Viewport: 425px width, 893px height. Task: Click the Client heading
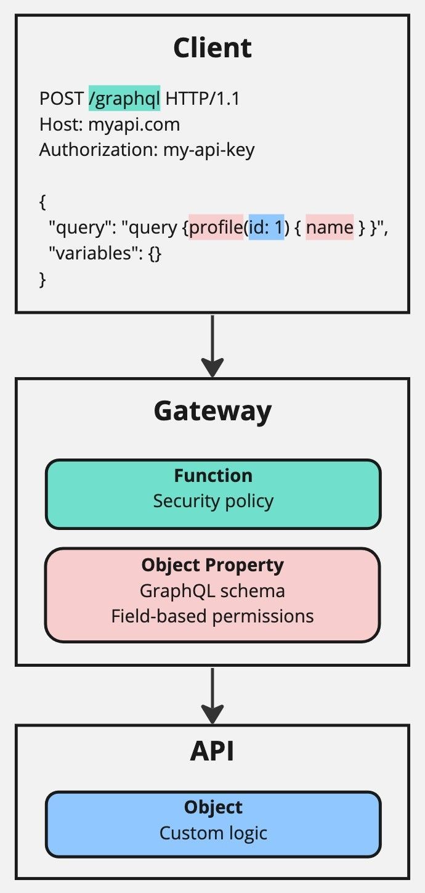212,47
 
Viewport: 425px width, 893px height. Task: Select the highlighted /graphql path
124,98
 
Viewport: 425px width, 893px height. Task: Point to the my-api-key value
209,150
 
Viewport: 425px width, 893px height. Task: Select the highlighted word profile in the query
216,228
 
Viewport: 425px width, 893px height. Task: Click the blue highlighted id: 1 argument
266,228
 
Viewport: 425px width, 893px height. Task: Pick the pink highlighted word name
330,228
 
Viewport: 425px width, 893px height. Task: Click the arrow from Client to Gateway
212,345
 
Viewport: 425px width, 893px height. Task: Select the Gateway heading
212,411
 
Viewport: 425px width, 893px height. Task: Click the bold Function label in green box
212,475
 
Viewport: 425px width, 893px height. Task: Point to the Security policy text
212,500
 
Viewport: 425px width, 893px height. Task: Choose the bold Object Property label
212,565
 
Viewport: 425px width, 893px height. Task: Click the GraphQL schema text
212,591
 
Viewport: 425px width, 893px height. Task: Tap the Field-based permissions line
212,616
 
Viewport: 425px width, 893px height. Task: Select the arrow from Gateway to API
212,695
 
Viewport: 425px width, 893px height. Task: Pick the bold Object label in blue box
212,807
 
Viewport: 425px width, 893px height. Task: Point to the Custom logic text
212,833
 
